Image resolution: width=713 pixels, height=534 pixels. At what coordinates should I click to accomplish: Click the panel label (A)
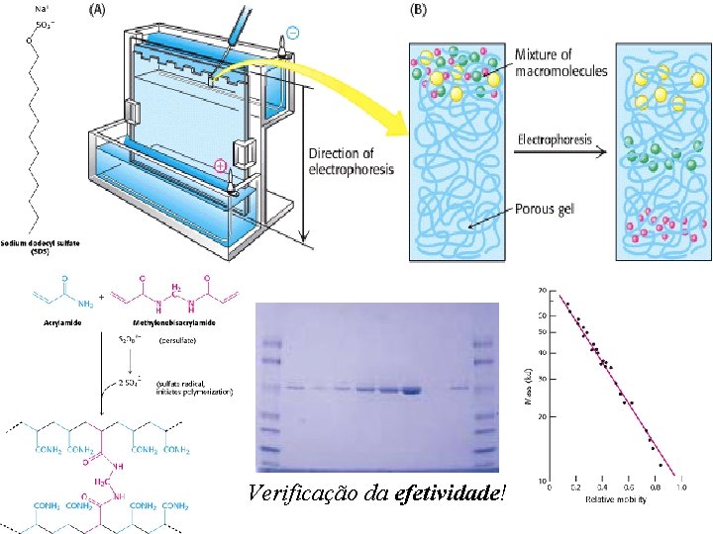coord(99,10)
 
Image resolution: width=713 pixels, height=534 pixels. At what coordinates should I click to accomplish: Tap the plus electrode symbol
coord(223,165)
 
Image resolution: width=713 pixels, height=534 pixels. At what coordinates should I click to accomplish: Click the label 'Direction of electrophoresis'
coord(351,161)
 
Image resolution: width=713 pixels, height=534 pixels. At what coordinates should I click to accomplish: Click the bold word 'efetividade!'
coord(450,492)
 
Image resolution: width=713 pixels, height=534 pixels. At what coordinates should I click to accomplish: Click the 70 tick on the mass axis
coord(542,291)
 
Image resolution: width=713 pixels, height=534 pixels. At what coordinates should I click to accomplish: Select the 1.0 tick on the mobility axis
coord(681,488)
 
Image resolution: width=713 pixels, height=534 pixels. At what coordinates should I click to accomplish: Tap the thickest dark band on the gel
coord(410,391)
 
